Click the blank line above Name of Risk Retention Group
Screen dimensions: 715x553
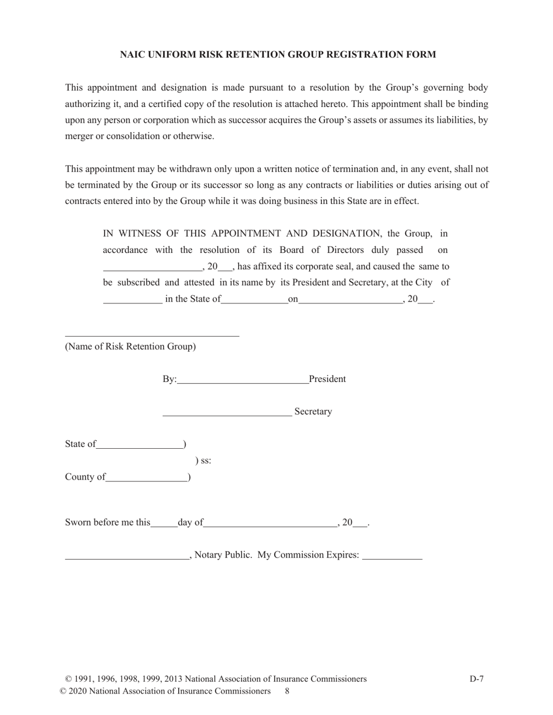152,335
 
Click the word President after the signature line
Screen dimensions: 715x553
327,379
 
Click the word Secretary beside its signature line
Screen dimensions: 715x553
313,412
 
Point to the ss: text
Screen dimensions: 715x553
203,461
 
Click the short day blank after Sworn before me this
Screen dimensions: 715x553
164,525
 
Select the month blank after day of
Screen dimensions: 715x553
270,525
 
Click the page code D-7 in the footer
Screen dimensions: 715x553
477,679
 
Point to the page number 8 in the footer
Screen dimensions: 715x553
288,691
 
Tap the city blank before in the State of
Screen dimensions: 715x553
133,302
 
